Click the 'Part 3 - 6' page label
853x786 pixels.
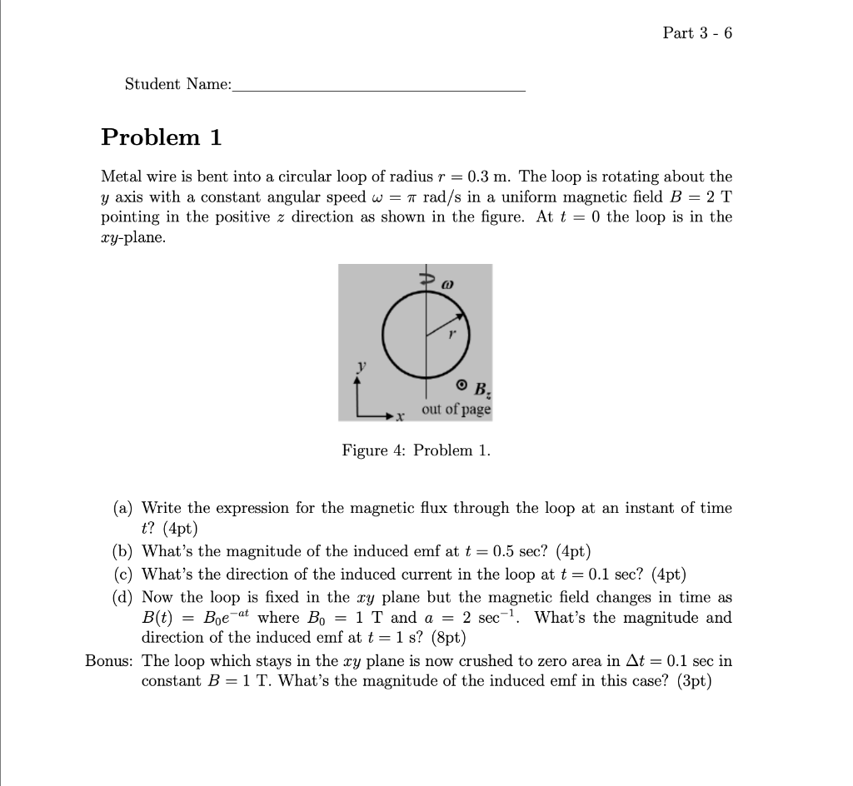pyautogui.click(x=697, y=33)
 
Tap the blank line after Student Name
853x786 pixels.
pyautogui.click(x=380, y=87)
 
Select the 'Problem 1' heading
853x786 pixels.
pyautogui.click(x=162, y=137)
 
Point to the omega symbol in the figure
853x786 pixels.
pyautogui.click(x=447, y=283)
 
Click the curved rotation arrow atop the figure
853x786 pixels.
pyautogui.click(x=423, y=280)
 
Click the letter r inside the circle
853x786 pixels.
pyautogui.click(x=452, y=336)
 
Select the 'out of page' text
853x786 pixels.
pyautogui.click(x=456, y=410)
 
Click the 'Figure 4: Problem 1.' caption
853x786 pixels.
pyautogui.click(x=417, y=450)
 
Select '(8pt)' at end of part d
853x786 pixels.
pyautogui.click(x=446, y=638)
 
